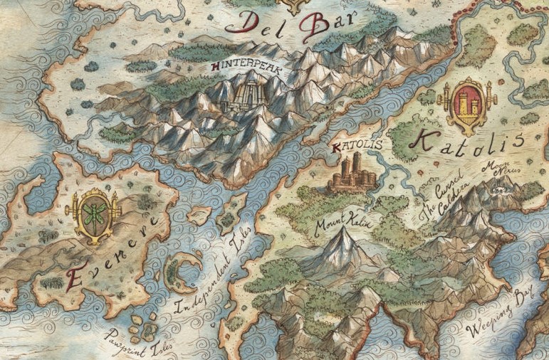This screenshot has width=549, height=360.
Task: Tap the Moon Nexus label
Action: click(496, 171)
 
